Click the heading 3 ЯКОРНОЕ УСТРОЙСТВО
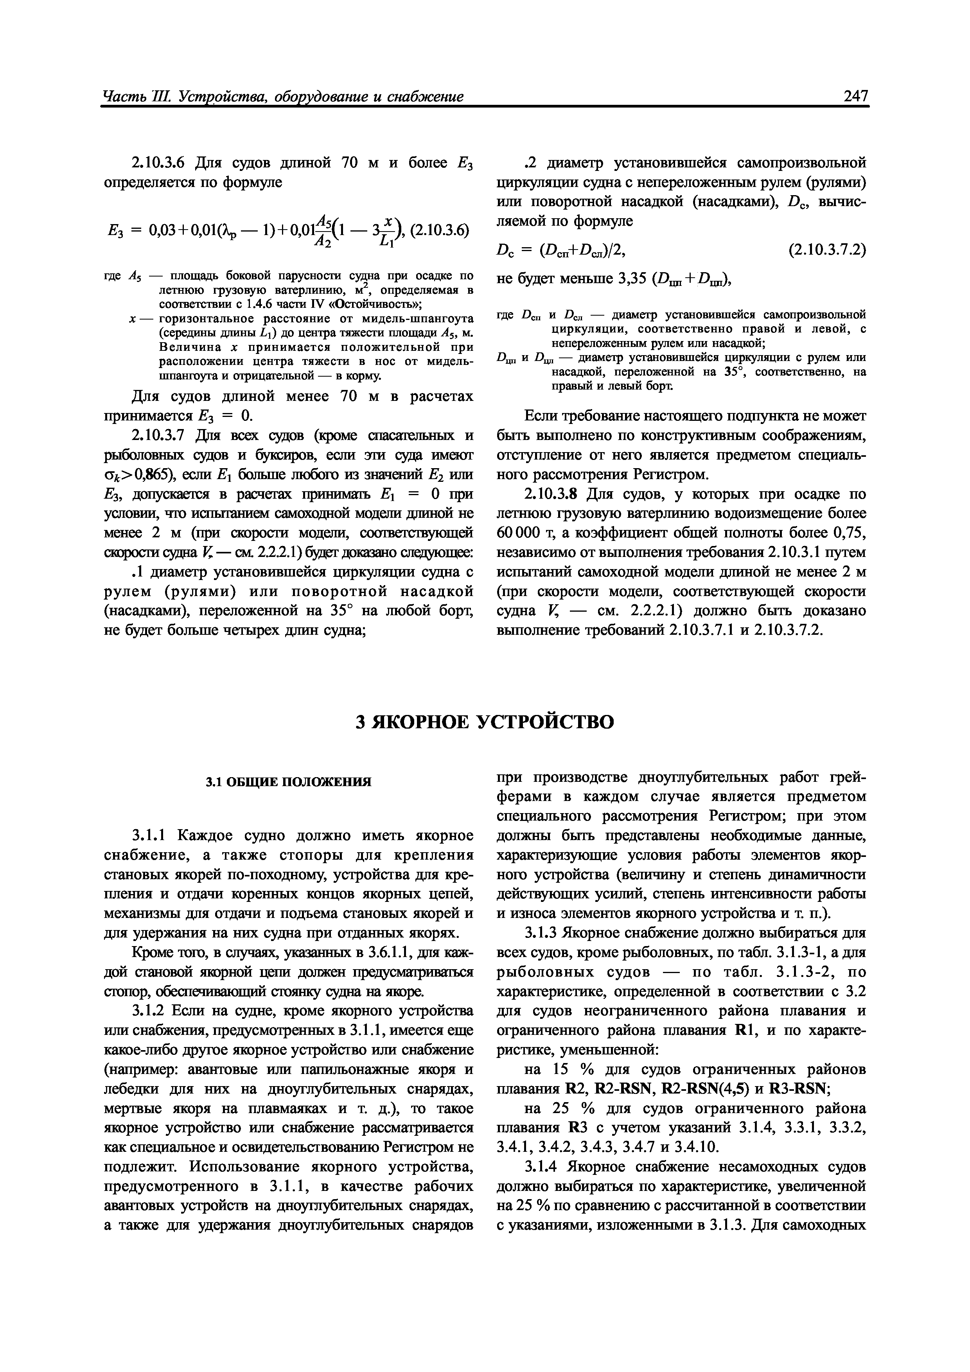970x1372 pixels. pyautogui.click(x=485, y=722)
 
